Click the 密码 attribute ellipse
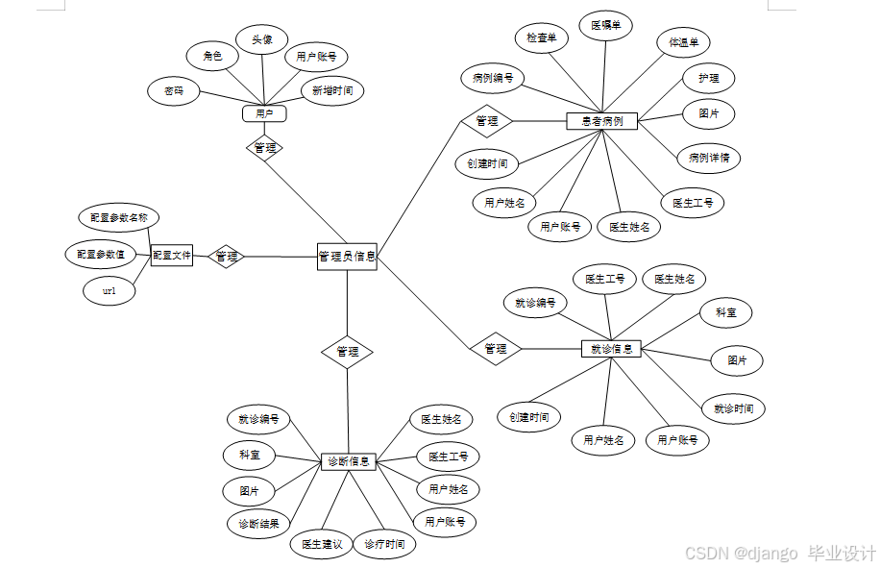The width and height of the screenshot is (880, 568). [x=174, y=91]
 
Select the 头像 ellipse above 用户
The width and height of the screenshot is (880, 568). [x=262, y=40]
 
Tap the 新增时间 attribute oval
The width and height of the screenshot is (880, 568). [x=332, y=91]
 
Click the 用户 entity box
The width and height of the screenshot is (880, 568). [x=264, y=114]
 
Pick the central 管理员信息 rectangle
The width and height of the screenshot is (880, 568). [x=347, y=257]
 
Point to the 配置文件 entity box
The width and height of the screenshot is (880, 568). [x=172, y=256]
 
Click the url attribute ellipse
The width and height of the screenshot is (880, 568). [x=109, y=290]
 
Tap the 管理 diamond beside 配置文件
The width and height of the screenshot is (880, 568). [x=227, y=257]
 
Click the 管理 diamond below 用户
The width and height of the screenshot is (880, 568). [x=264, y=148]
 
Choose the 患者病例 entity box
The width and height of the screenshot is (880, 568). [x=602, y=121]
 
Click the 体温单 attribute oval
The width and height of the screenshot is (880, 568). [x=683, y=42]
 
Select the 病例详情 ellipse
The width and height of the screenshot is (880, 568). [x=709, y=158]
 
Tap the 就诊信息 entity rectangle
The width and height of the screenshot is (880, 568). [x=611, y=349]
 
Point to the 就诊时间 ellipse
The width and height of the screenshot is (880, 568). [x=733, y=408]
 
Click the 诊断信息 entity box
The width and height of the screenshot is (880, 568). [x=347, y=461]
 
